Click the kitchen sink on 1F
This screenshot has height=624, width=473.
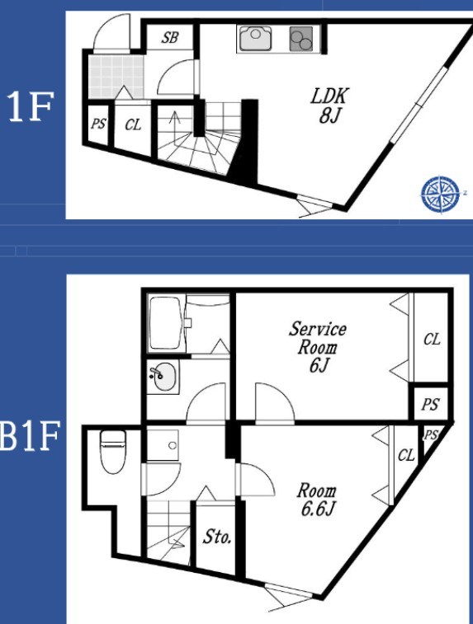pos(256,38)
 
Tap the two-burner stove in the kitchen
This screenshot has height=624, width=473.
pos(301,39)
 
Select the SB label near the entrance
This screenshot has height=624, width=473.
pos(170,37)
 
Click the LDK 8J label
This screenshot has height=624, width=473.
pos(329,105)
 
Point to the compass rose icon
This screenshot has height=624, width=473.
pos(440,195)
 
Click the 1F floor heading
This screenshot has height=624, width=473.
pos(30,107)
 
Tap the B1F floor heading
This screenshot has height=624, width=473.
pos(31,435)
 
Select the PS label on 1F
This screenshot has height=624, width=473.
pos(98,124)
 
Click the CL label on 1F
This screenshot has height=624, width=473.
pos(133,124)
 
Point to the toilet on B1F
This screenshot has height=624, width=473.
pos(113,451)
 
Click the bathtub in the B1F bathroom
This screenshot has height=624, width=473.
pos(166,323)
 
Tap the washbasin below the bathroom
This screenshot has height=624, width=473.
pos(162,377)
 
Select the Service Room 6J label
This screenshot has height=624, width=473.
pos(318,347)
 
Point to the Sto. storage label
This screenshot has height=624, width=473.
pos(217,537)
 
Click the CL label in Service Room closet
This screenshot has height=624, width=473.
pos(432,340)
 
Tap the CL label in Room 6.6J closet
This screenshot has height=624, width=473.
pos(406,455)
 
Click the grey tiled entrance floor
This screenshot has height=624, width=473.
pos(116,77)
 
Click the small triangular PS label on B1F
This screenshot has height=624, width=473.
pos(430,435)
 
